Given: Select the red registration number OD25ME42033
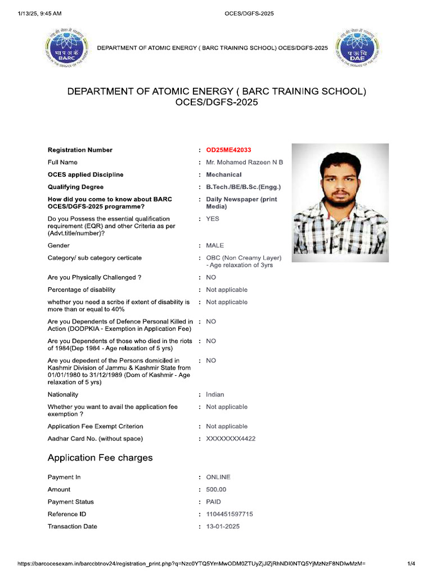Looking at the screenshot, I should [x=228, y=150].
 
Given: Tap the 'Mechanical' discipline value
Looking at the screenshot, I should [x=223, y=175].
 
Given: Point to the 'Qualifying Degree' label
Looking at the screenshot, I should [x=75, y=187].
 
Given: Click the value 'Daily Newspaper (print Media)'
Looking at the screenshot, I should [x=241, y=203].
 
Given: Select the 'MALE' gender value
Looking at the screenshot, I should [x=215, y=246].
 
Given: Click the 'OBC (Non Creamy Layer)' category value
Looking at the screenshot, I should [x=244, y=258].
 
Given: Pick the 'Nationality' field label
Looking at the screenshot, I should [x=63, y=395].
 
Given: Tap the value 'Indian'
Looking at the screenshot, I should [x=215, y=395].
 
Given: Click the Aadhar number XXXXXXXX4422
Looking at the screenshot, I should [x=231, y=439].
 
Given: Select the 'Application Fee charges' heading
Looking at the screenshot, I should [x=100, y=458].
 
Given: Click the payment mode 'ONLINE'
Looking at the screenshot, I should [x=218, y=478].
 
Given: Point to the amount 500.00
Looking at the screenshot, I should [x=216, y=490].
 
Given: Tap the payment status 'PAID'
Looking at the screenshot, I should [x=214, y=502].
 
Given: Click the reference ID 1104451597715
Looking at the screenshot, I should [x=229, y=515].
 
